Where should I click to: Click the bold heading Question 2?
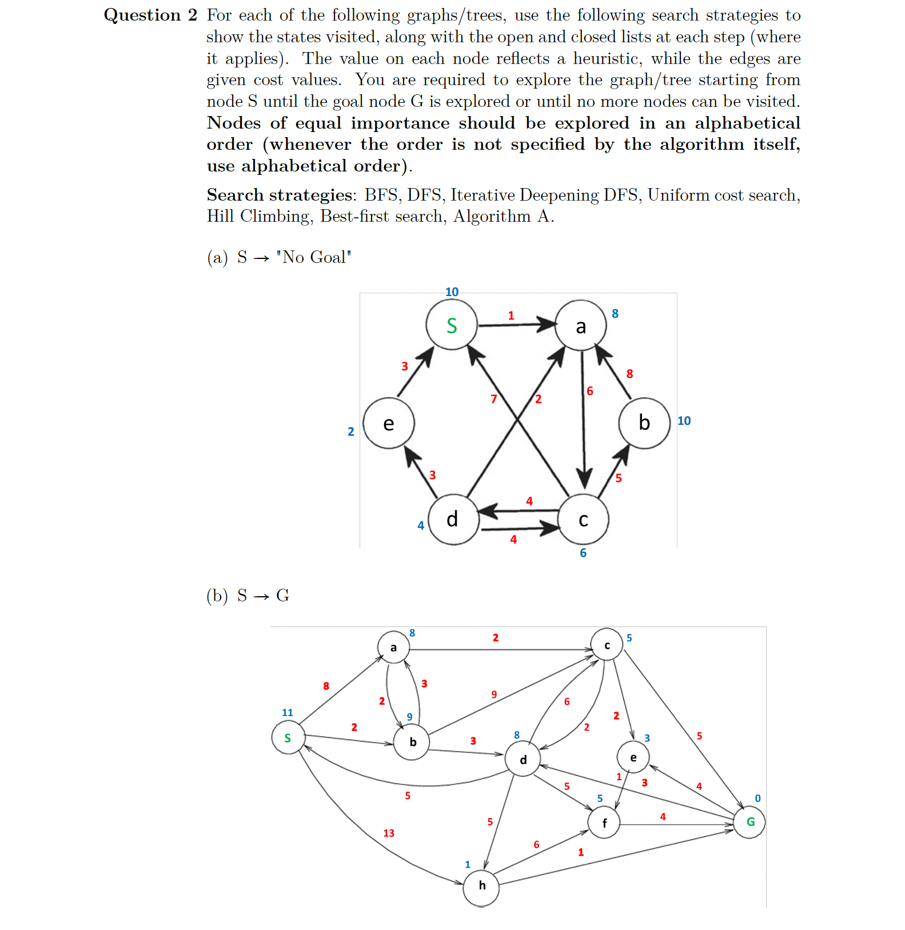(x=150, y=15)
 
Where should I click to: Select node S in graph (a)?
(x=452, y=325)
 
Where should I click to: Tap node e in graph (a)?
(x=389, y=424)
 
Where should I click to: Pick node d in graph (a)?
(x=453, y=519)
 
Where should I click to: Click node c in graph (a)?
(x=583, y=520)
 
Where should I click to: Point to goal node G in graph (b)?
(x=750, y=822)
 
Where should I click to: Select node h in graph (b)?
(x=481, y=886)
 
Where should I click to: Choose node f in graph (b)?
(x=604, y=823)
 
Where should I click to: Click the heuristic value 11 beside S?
(x=287, y=713)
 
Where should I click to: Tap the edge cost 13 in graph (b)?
(x=389, y=833)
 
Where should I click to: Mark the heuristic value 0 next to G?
(x=758, y=799)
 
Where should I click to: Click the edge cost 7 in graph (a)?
(x=494, y=399)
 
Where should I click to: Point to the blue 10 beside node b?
(x=684, y=421)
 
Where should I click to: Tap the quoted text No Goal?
(x=313, y=258)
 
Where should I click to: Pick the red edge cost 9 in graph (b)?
(x=494, y=694)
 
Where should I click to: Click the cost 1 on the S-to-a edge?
(x=511, y=316)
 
